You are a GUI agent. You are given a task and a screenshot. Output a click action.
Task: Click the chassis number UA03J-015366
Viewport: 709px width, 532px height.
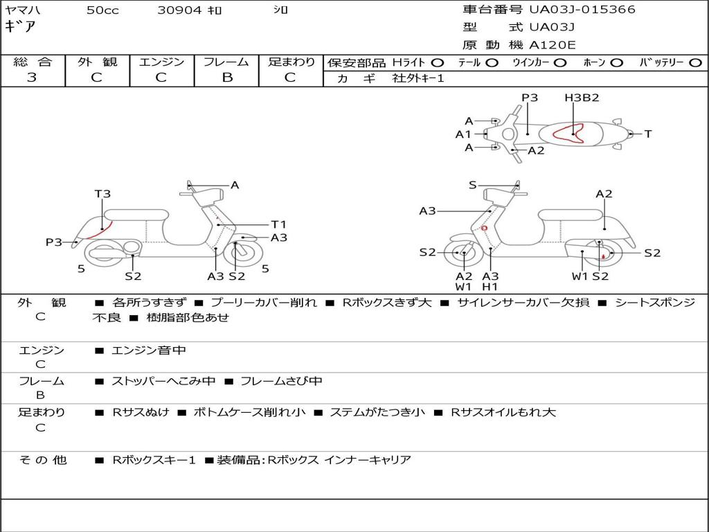pos(582,10)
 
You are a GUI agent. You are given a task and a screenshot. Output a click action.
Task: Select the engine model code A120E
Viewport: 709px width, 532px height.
pos(553,45)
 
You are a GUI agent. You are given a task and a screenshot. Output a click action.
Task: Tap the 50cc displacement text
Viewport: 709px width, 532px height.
pos(102,10)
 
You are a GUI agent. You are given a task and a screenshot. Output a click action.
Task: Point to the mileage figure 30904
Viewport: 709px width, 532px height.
pos(179,10)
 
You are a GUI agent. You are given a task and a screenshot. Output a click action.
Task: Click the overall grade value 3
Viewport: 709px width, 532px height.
pos(32,78)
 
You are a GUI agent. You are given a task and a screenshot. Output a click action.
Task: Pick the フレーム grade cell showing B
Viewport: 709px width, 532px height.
pos(226,78)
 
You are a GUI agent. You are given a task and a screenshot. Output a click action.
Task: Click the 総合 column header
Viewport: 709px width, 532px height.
pos(33,62)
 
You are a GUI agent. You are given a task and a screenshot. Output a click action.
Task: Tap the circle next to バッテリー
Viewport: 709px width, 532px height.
pos(696,63)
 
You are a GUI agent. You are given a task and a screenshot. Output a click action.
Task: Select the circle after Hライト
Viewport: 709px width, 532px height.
pos(437,63)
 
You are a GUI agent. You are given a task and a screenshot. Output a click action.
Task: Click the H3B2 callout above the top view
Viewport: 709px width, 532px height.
pos(582,98)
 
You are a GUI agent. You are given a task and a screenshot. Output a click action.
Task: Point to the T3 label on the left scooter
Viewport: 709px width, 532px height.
pos(102,194)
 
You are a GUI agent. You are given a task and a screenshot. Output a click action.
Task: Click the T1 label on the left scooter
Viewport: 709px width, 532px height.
pos(278,224)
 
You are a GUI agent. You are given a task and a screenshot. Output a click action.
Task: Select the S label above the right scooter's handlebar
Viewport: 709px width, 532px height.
pos(473,185)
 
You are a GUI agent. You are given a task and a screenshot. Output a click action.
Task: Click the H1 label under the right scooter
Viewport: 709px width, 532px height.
pos(490,287)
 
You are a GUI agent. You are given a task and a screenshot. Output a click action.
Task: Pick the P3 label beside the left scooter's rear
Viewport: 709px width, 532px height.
pos(54,242)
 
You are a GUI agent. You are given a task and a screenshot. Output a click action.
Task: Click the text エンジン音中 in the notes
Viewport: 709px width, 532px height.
pos(149,351)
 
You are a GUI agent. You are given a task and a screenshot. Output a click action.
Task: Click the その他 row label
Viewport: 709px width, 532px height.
pos(42,460)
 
